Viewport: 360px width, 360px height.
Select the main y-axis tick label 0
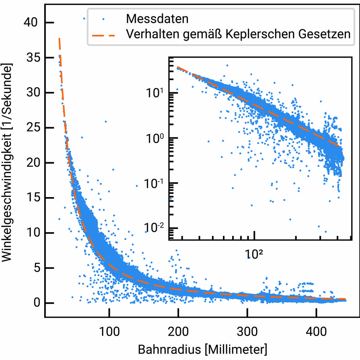tap(34, 303)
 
